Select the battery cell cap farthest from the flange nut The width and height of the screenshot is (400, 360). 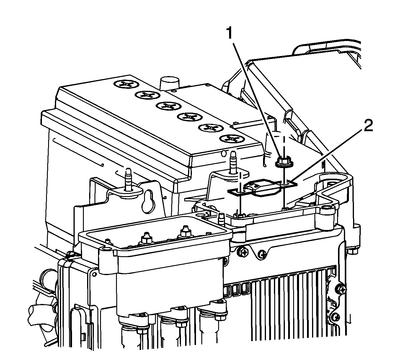click(x=126, y=84)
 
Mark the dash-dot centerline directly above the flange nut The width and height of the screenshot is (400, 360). click(x=284, y=145)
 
